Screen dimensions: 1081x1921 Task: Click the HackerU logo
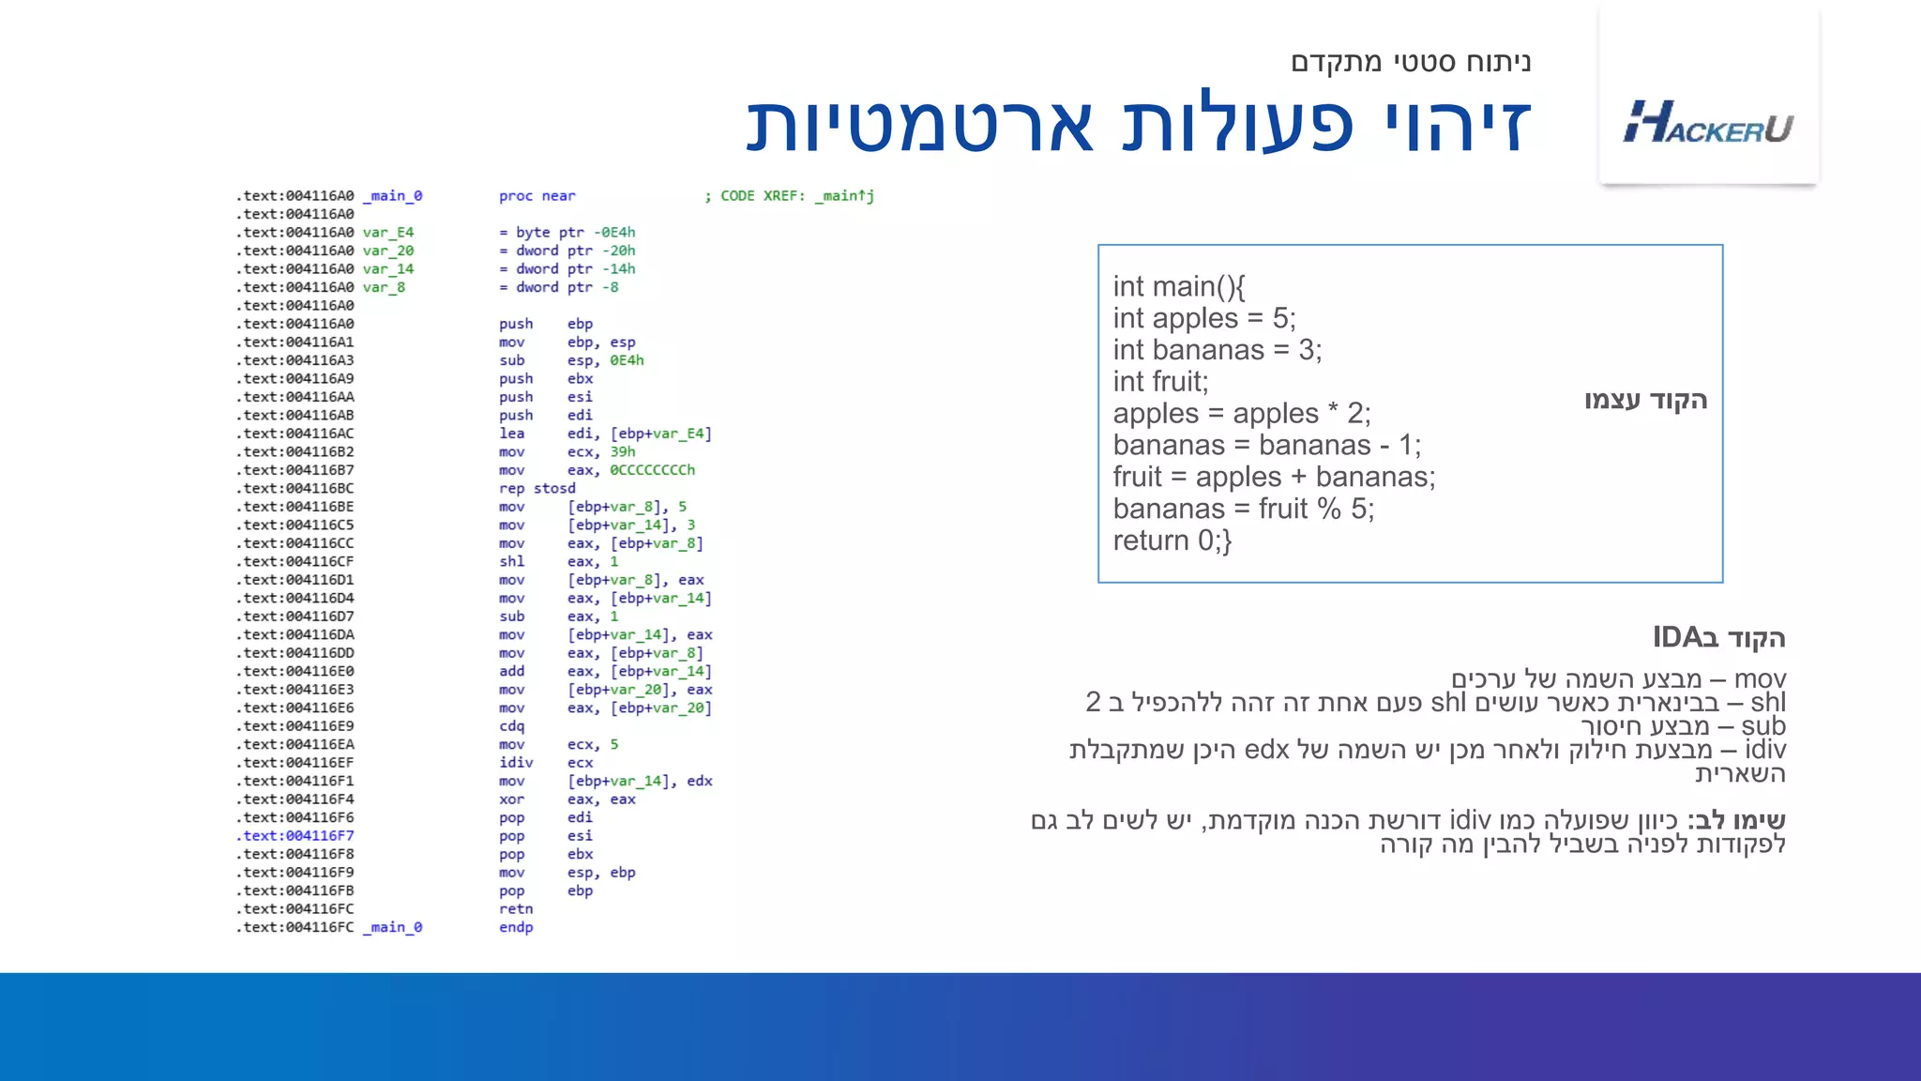coord(1708,123)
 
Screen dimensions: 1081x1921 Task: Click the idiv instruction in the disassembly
coord(516,763)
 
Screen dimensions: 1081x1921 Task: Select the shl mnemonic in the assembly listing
coord(511,561)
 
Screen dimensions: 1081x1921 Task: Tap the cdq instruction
coord(511,726)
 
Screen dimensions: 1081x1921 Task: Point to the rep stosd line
coord(537,488)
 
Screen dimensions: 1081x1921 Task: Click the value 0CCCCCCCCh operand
coord(652,470)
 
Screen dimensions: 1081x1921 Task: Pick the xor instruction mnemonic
coord(511,799)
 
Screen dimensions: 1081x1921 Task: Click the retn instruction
coord(516,909)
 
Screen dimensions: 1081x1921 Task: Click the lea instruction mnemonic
coord(511,434)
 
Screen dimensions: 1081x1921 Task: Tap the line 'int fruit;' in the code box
coord(1160,382)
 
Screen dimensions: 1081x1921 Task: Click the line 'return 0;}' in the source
coord(1172,540)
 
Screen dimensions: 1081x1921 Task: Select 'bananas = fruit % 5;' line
coord(1243,509)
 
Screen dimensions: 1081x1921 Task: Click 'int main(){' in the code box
coord(1178,286)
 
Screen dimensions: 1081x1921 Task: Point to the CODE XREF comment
coord(789,196)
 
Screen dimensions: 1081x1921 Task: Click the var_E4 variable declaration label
coord(388,233)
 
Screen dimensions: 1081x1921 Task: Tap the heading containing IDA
coord(1718,638)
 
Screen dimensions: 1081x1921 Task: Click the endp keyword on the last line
coord(516,927)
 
